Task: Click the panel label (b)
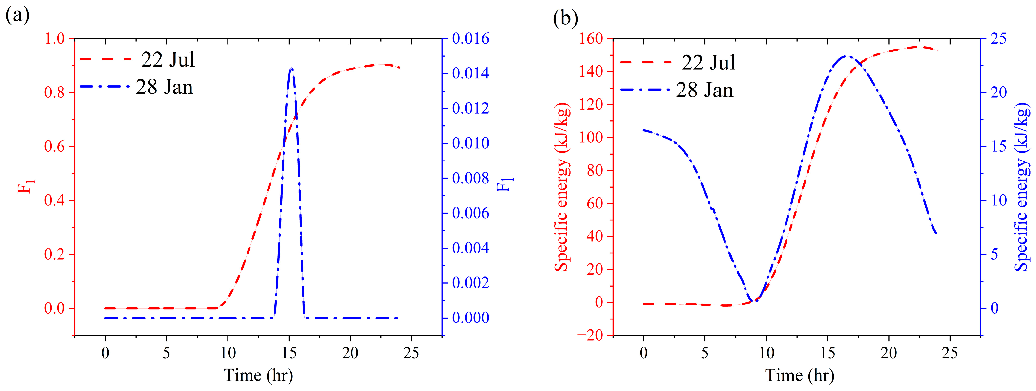click(565, 18)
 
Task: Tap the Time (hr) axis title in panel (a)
click(258, 375)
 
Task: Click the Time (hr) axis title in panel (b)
click(800, 375)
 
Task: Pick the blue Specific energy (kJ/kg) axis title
click(1022, 187)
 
